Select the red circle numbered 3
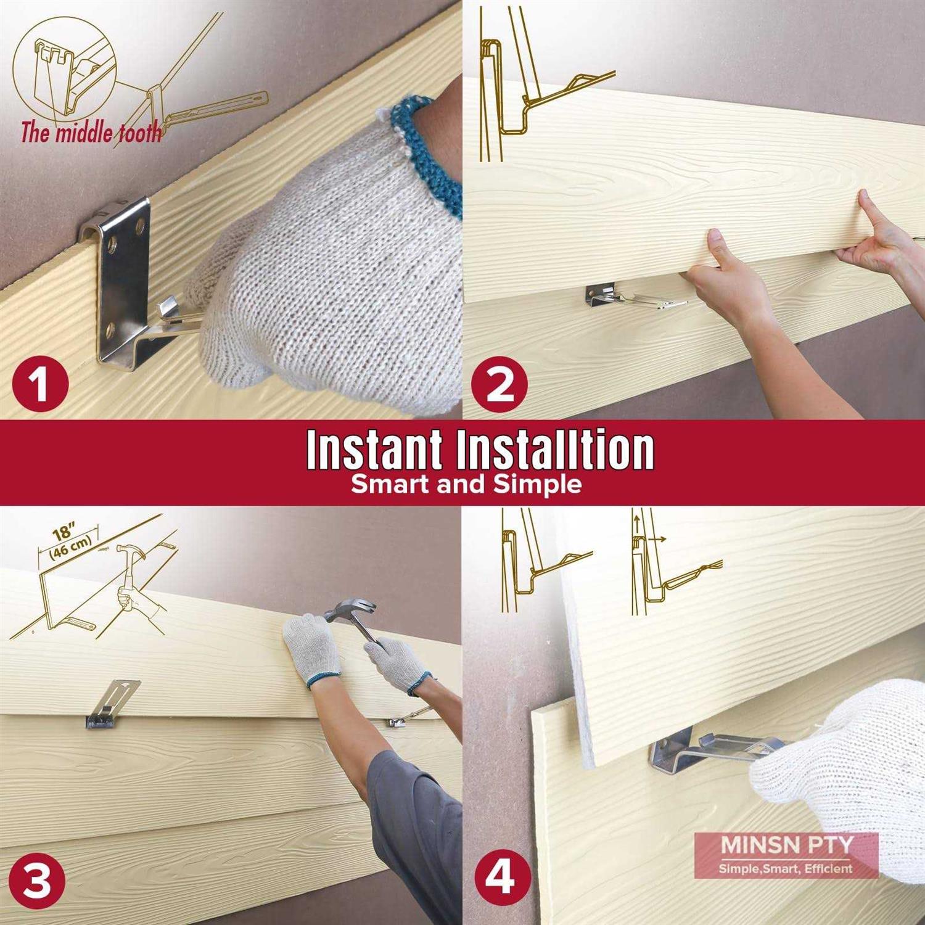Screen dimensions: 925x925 pos(37,880)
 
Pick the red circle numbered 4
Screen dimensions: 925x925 pos(499,876)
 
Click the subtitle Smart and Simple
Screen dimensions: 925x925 pos(466,484)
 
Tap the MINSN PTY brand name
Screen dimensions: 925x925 pos(786,845)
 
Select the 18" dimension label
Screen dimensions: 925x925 pos(64,532)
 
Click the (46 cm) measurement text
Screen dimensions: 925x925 pos(70,547)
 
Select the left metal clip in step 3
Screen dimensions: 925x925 pos(111,704)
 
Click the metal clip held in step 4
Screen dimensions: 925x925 pos(709,749)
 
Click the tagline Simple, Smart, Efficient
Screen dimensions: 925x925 pos(785,868)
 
